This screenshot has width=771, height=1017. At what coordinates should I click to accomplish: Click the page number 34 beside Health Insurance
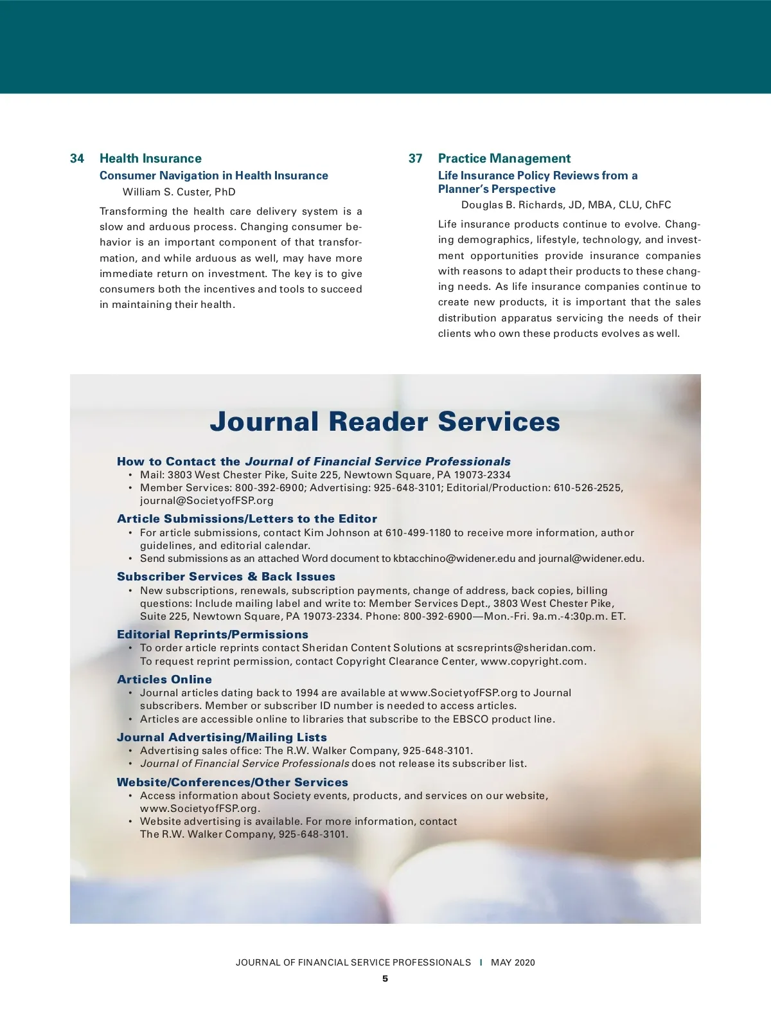pyautogui.click(x=77, y=159)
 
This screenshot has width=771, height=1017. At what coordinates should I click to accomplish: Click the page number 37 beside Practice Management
pyautogui.click(x=416, y=159)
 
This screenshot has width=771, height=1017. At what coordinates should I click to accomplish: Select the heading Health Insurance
pyautogui.click(x=150, y=159)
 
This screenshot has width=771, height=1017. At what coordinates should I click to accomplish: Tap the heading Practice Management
pyautogui.click(x=504, y=159)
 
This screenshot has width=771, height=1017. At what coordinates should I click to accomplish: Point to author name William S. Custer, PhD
pyautogui.click(x=179, y=192)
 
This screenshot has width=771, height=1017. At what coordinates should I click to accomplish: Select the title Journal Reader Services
pyautogui.click(x=385, y=422)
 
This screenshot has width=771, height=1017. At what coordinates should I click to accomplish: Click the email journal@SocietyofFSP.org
pyautogui.click(x=207, y=501)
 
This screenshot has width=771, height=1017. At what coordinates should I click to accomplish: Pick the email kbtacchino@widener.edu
pyautogui.click(x=454, y=559)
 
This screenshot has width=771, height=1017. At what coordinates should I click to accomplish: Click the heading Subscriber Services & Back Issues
pyautogui.click(x=226, y=577)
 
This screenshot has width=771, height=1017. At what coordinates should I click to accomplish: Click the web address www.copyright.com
pyautogui.click(x=533, y=661)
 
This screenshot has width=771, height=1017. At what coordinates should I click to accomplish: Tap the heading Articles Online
pyautogui.click(x=164, y=679)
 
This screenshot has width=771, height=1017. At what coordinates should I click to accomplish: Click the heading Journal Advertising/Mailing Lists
pyautogui.click(x=222, y=737)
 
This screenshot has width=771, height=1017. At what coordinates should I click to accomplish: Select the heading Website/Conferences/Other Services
pyautogui.click(x=233, y=782)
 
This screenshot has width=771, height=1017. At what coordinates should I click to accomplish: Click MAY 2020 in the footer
pyautogui.click(x=513, y=963)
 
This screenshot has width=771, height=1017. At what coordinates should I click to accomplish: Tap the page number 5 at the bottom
pyautogui.click(x=385, y=979)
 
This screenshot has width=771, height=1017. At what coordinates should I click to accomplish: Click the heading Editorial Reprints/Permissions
pyautogui.click(x=213, y=634)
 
